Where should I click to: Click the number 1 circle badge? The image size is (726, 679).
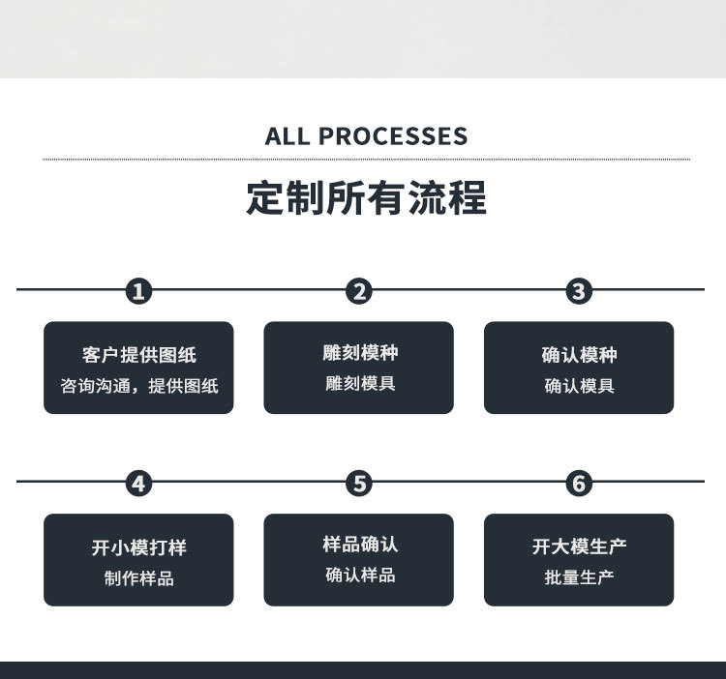[x=139, y=291]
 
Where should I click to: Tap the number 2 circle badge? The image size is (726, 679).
[x=359, y=291]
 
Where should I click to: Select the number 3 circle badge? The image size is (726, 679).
[x=579, y=291]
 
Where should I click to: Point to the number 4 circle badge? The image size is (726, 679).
[x=139, y=483]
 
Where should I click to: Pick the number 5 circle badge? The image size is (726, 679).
[x=359, y=483]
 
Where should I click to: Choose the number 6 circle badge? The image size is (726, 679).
[x=579, y=483]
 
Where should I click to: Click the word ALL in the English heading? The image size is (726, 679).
[x=287, y=136]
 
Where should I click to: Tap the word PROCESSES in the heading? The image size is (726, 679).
[x=393, y=136]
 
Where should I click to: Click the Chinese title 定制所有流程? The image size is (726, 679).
[x=366, y=198]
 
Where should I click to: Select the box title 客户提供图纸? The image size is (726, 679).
[x=138, y=355]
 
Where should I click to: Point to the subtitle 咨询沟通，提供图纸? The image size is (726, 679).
[x=138, y=386]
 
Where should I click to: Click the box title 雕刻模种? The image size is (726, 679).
[x=359, y=352]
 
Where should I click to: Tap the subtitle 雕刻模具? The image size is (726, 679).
[x=359, y=383]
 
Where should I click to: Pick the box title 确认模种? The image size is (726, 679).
[x=579, y=355]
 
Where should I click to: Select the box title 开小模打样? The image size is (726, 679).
[x=138, y=547]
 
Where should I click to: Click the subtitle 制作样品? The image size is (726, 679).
[x=138, y=578]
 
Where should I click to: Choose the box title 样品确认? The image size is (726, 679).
[x=359, y=544]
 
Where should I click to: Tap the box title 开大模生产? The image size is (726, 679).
[x=579, y=546]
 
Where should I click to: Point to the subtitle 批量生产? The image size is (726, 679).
[x=579, y=577]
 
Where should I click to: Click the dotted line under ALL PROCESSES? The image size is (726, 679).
[x=366, y=159]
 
